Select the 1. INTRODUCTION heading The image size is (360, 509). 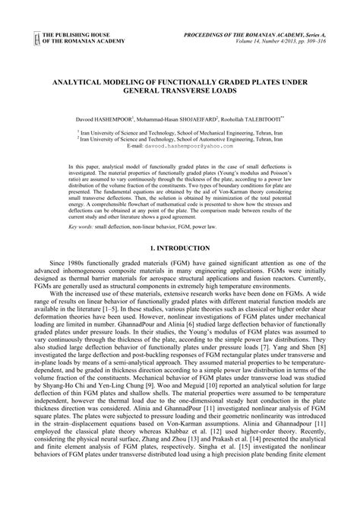point(180,248)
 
